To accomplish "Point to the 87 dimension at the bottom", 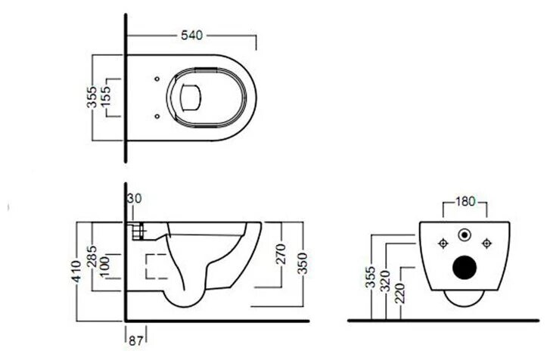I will pos(137,331).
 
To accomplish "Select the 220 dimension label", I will pos(402,291).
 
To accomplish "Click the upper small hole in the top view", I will pos(155,78).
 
